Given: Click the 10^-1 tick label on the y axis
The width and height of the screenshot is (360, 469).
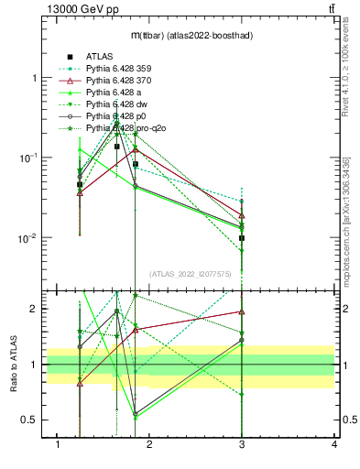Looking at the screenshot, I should tap(29, 158).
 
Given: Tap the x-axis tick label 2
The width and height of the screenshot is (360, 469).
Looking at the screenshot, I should tap(150, 445).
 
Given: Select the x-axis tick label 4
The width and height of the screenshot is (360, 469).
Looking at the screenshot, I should tap(333, 445).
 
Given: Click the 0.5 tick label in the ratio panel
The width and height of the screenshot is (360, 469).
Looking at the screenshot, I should tap(30, 420).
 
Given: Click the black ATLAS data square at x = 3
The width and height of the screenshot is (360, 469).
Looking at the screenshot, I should tap(242, 238).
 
